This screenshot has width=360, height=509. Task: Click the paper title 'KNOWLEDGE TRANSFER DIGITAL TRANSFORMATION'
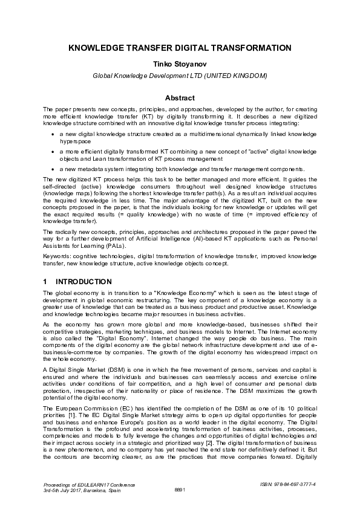[x=180, y=47]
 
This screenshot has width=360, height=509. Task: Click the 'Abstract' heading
[x=180, y=98]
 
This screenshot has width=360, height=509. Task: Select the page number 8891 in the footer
[x=180, y=490]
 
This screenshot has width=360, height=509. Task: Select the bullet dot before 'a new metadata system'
[x=53, y=169]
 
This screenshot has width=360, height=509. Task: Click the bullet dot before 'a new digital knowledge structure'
[x=53, y=131]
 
